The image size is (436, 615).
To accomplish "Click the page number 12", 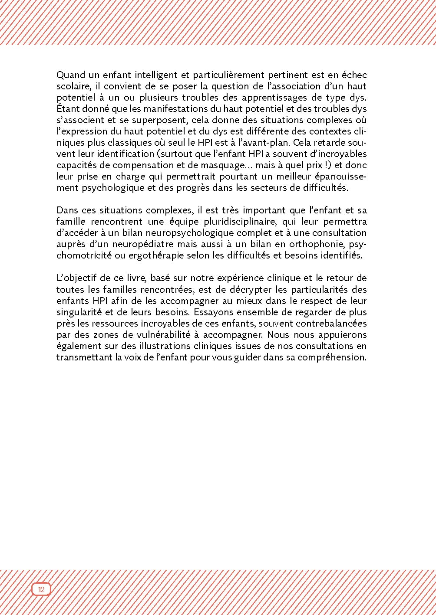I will tap(41, 589).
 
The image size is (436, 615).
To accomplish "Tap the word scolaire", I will tap(73, 86).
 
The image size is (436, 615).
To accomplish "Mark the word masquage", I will tap(229, 165).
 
